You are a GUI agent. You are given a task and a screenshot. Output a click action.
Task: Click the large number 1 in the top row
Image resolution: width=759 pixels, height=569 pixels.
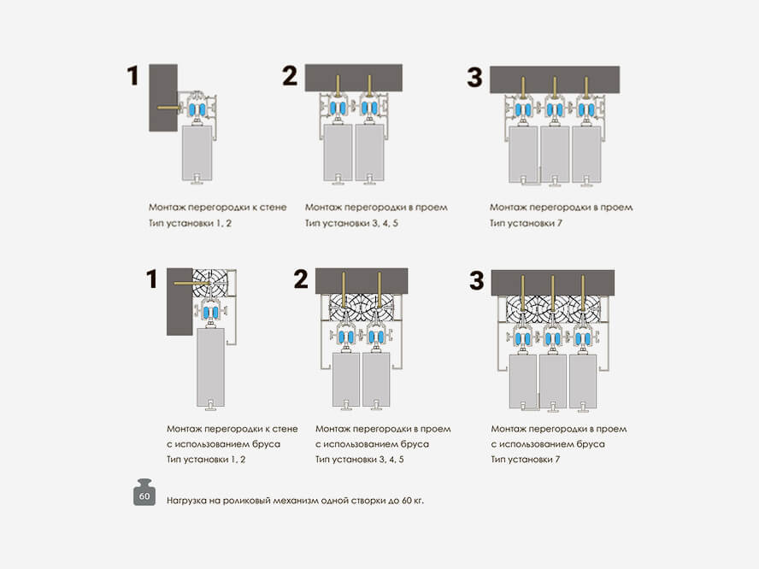point(132,76)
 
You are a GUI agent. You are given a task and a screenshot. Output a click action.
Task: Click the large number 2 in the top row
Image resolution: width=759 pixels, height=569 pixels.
point(290,75)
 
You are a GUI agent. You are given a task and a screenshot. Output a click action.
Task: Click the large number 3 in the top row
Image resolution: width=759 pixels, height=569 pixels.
point(474,77)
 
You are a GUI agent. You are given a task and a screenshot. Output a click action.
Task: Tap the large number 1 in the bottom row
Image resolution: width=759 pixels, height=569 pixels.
point(152,279)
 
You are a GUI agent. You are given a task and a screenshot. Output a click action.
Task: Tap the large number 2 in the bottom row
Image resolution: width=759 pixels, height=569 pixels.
point(301,279)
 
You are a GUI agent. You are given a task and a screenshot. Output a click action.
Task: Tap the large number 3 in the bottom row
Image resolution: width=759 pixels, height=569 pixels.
point(477,280)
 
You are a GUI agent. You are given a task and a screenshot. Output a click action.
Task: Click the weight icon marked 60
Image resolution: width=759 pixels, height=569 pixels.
point(144,493)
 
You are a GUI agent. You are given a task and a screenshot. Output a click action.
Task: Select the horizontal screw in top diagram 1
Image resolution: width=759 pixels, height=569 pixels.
point(169,108)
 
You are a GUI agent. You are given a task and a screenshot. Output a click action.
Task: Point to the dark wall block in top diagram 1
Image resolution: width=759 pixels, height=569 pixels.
point(163,97)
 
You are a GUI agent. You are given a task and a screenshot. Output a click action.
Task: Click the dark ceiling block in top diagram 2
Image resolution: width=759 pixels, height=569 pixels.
point(353,78)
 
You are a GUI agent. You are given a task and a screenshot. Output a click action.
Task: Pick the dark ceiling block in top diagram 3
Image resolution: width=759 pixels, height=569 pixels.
point(555,79)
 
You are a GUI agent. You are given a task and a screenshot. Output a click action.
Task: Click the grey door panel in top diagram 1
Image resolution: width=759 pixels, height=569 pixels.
point(197,153)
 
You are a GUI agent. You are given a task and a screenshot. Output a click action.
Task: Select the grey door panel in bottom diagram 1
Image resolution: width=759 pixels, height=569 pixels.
point(210,367)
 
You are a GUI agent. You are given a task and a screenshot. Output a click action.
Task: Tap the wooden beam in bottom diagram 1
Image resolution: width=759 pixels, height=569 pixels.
point(209,283)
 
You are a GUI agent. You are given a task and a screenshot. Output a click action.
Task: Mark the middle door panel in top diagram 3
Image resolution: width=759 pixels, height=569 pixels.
point(555,155)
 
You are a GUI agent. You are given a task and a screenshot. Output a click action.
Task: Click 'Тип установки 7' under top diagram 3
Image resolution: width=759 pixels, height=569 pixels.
point(526,223)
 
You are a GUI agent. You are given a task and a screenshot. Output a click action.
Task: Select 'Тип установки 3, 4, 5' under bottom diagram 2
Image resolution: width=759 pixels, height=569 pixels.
point(360,459)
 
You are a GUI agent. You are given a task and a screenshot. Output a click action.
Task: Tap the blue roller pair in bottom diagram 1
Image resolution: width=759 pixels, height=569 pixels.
point(210,313)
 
